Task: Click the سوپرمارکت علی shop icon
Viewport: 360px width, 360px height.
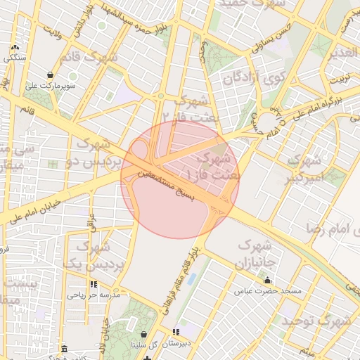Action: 51,75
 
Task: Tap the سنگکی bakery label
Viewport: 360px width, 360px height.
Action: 15,58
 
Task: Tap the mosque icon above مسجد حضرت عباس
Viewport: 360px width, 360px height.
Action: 267,279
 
